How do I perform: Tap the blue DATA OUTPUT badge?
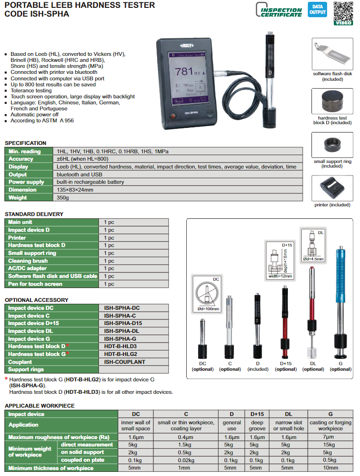(318, 10)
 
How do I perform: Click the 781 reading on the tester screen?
(184, 72)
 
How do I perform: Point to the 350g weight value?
(62, 198)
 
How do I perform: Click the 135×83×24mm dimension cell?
(75, 190)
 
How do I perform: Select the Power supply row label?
(26, 182)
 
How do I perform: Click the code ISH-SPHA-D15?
(123, 323)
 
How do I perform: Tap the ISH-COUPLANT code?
(124, 362)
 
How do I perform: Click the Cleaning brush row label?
(29, 261)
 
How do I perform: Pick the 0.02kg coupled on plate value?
(186, 460)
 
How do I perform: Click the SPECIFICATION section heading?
(25, 143)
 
